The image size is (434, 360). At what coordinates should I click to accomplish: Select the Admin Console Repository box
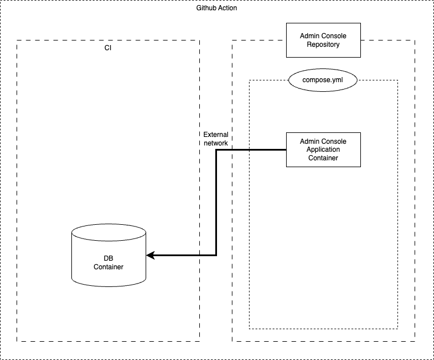point(323,40)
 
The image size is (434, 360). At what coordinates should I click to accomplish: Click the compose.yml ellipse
point(323,80)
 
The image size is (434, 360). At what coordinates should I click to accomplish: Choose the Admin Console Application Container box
point(323,149)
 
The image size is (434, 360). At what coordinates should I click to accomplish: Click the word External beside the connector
point(216,135)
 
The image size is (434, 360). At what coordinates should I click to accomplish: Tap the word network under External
point(216,143)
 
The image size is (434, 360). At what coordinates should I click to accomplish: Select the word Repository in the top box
point(323,45)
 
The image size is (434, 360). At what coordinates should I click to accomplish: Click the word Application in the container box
point(323,149)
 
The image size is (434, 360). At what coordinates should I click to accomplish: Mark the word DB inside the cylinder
point(108,258)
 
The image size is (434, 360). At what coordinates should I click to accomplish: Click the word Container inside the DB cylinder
point(108,266)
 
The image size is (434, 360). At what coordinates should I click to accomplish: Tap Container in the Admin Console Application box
point(323,158)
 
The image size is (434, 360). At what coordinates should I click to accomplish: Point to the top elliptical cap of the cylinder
point(108,232)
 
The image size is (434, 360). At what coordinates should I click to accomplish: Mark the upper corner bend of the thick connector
point(216,150)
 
